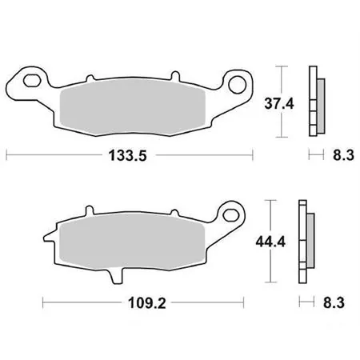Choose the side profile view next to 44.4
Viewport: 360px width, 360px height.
[306, 239]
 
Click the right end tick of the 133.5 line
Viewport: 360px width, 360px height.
[254, 153]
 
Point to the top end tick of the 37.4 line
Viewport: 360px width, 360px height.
[278, 63]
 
